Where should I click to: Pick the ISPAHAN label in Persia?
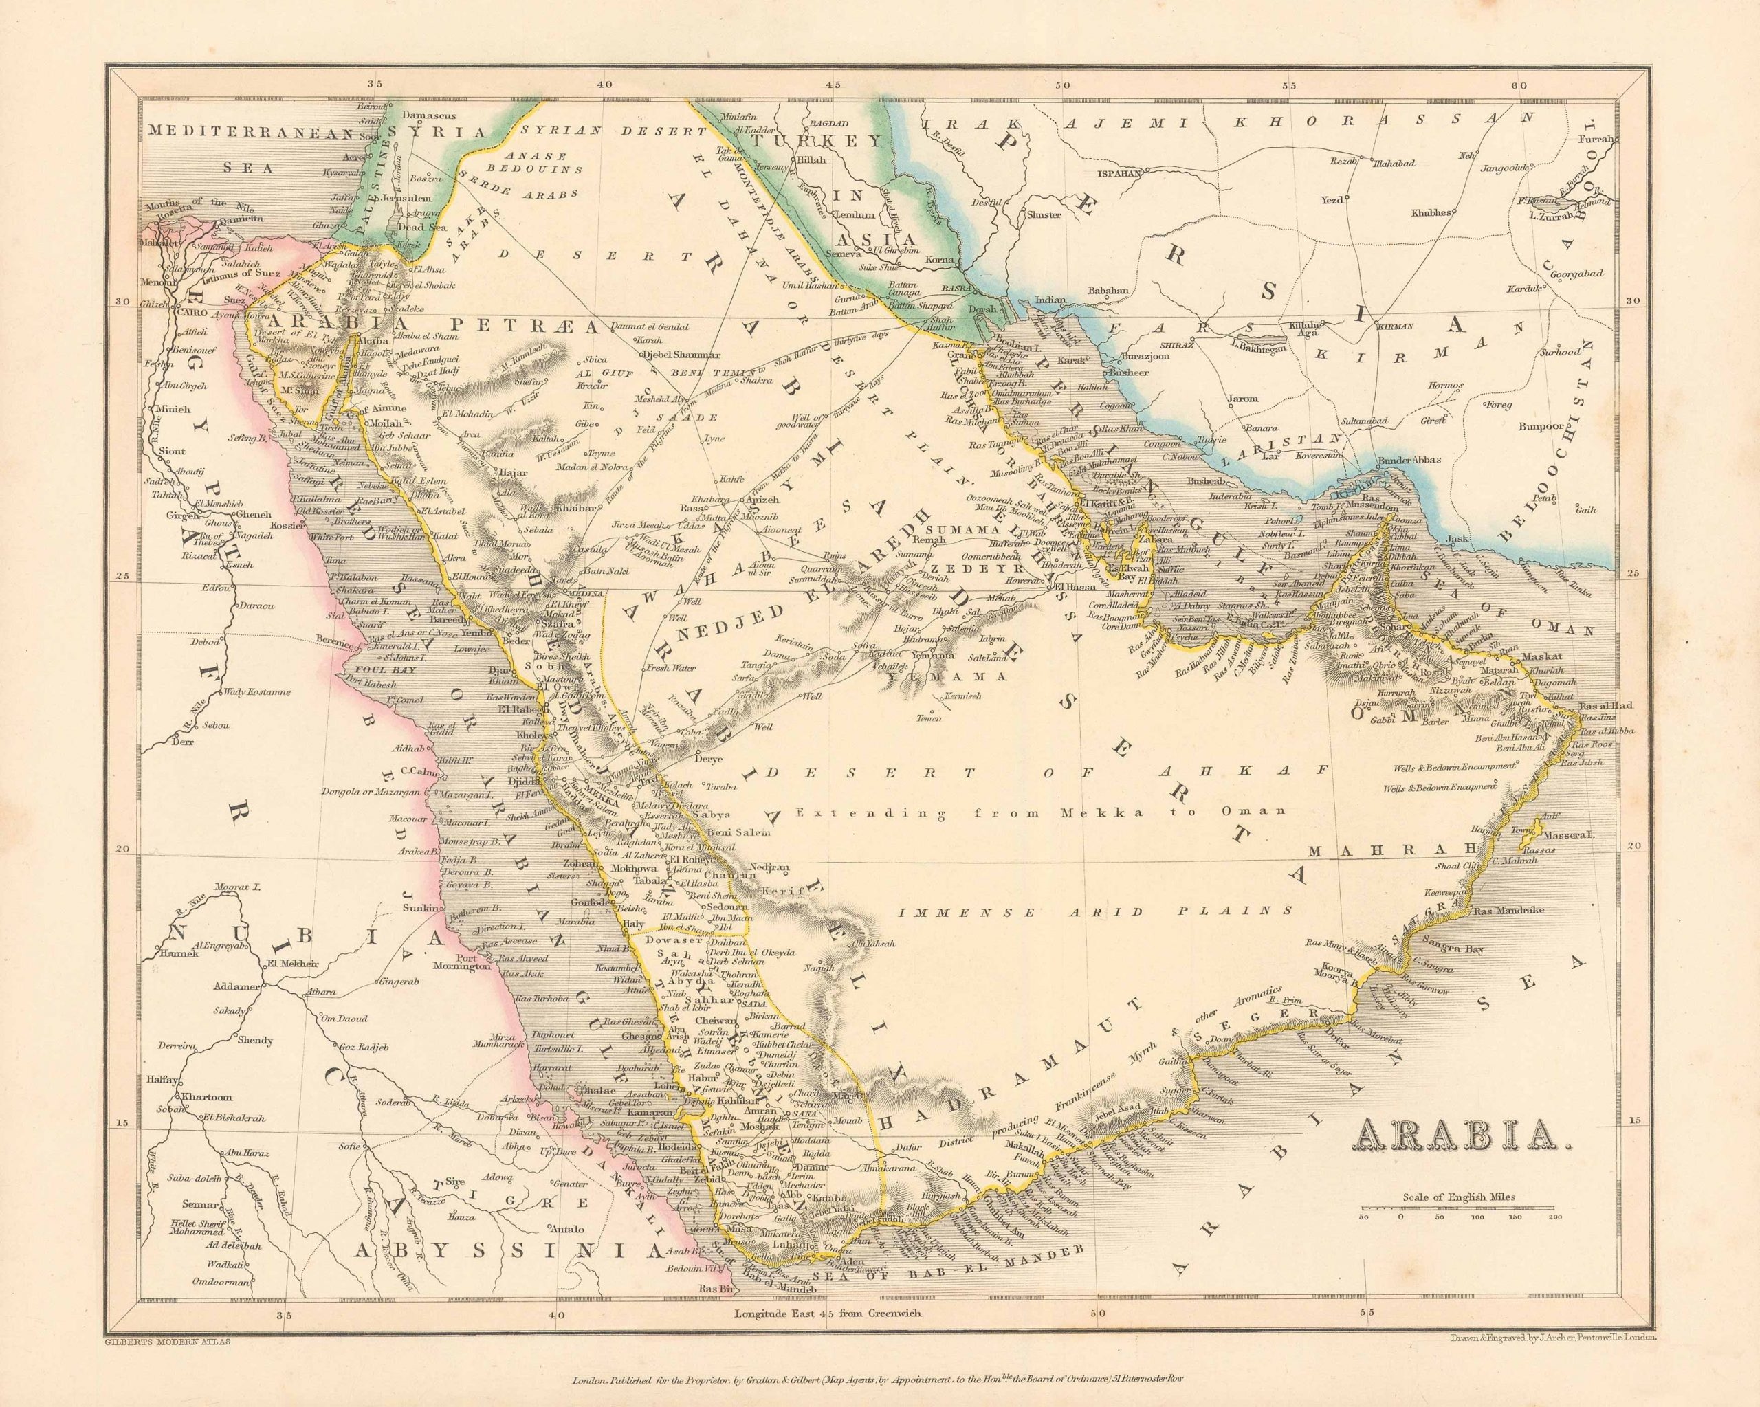[1116, 175]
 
